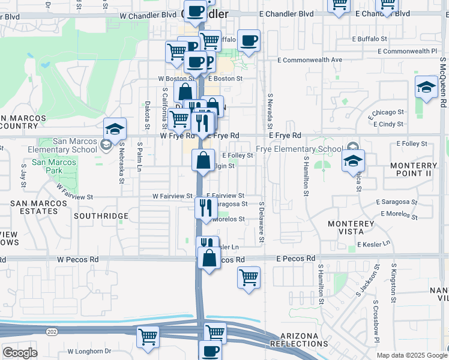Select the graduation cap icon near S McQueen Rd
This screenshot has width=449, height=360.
click(x=426, y=87)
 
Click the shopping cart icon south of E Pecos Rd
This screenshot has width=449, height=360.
click(x=249, y=278)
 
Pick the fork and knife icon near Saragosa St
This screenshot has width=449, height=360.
click(x=205, y=208)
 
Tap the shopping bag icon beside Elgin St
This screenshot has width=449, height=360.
click(x=203, y=160)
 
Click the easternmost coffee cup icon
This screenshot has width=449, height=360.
click(x=249, y=41)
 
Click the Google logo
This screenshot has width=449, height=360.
click(x=20, y=353)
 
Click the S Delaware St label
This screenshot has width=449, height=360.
click(x=262, y=223)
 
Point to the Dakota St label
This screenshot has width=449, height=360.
click(x=147, y=115)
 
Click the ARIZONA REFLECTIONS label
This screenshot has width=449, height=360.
click(x=299, y=339)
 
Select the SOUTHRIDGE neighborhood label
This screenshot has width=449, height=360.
click(x=101, y=215)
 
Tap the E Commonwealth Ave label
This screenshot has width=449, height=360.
click(x=310, y=60)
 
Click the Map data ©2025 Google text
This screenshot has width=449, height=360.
click(x=411, y=355)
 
